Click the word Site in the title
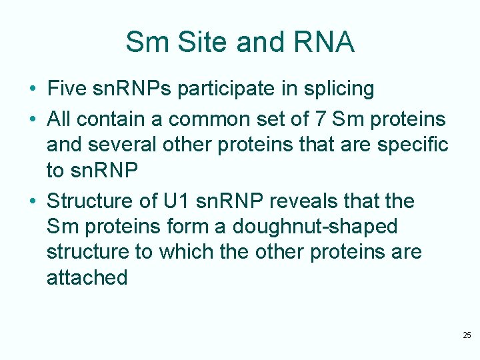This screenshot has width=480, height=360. [197, 43]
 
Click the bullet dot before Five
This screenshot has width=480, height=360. [33, 89]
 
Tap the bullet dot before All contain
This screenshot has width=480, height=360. [33, 119]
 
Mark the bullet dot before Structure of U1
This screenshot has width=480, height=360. [33, 201]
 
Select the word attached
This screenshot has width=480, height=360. [87, 277]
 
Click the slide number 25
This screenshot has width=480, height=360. [467, 335]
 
